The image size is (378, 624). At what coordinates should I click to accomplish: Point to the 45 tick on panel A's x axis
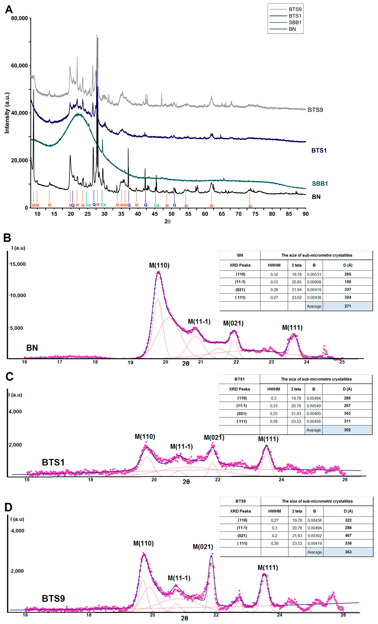[x=155, y=214]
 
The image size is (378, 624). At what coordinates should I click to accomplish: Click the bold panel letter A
[x=9, y=10]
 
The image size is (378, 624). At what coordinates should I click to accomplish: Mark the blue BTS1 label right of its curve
[x=319, y=150]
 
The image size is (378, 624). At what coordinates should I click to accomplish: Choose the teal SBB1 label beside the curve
[x=320, y=184]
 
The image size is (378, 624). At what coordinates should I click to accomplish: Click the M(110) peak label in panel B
[x=159, y=265]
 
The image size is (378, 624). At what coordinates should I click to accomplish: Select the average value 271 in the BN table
[x=348, y=306]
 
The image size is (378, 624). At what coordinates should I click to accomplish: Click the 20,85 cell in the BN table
[x=296, y=282]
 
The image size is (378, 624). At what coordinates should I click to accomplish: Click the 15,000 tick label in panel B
[x=18, y=264]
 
